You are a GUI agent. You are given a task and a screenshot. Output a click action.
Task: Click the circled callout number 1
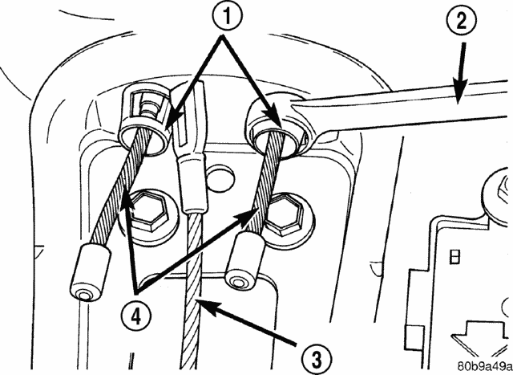(228, 16)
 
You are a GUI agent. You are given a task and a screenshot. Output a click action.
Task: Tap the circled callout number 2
(461, 22)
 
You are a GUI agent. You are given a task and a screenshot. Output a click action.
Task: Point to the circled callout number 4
(136, 316)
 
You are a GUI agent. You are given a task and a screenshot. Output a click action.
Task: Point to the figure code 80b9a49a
(485, 365)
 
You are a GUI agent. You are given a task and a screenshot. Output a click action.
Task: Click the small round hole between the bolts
(221, 178)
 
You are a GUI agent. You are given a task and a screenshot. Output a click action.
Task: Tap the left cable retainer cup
(144, 121)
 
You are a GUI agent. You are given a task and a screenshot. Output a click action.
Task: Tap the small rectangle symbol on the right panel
(455, 257)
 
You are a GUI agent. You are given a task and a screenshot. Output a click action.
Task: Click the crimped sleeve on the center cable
(194, 185)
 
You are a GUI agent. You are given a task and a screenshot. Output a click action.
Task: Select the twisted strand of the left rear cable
(121, 187)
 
